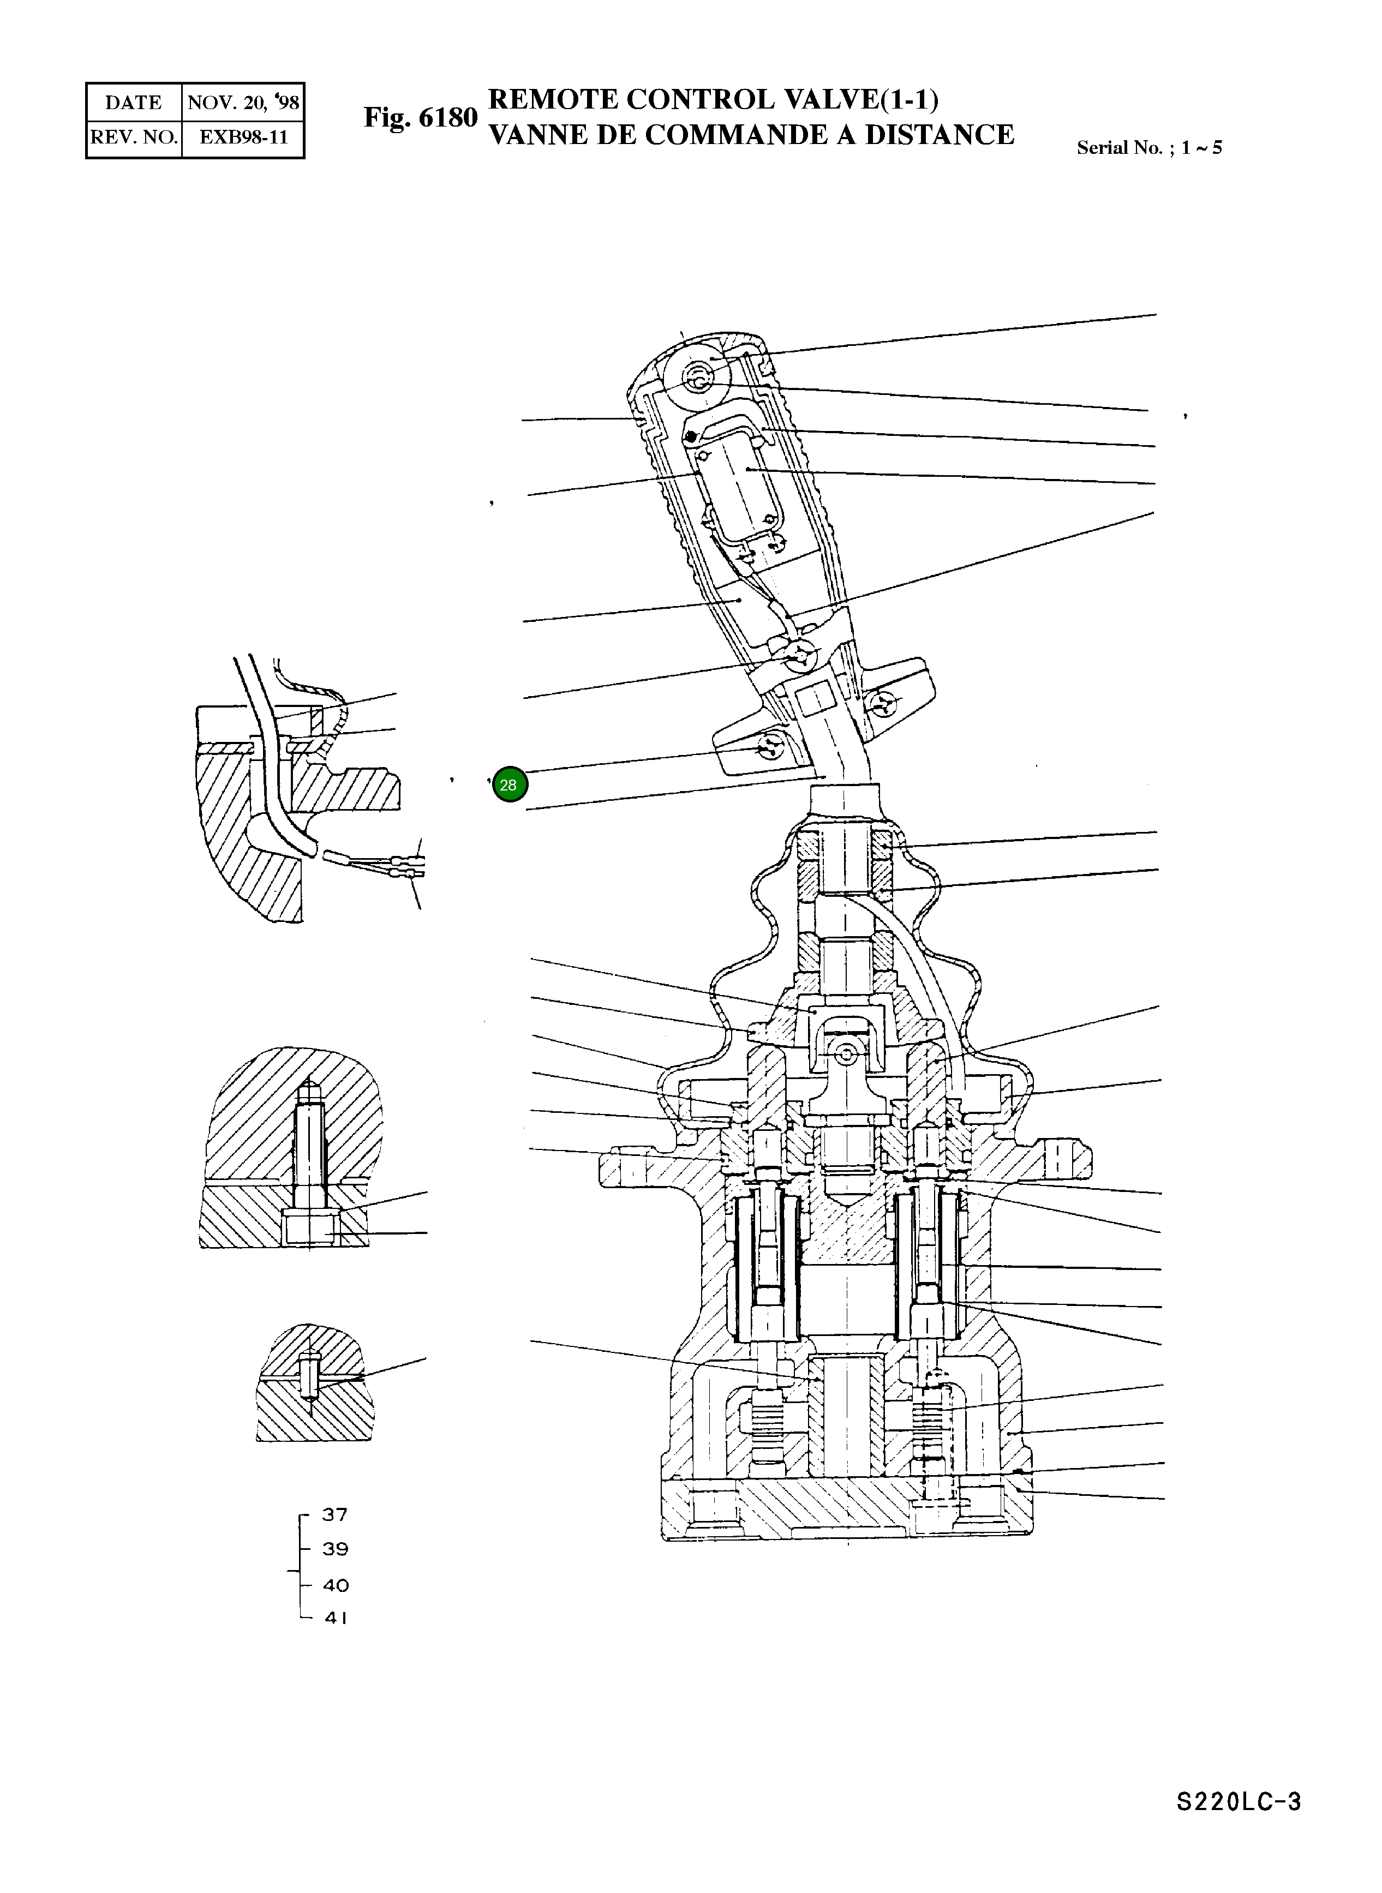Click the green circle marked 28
point(510,784)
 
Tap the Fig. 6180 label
point(420,117)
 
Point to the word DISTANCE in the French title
point(938,135)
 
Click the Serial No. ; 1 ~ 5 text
point(1148,148)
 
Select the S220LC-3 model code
point(1238,1825)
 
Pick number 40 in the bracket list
point(336,1585)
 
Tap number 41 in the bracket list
point(336,1618)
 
